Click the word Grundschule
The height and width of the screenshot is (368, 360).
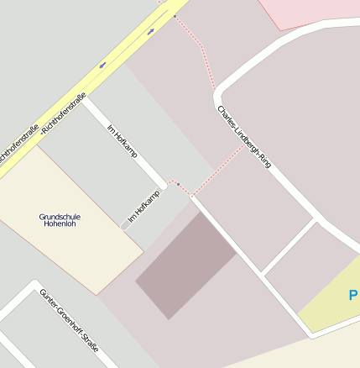[60, 217]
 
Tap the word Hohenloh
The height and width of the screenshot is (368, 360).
[60, 224]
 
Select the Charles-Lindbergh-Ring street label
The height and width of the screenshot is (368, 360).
[243, 137]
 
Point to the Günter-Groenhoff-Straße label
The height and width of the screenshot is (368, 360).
[69, 327]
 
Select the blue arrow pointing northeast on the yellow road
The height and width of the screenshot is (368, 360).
[151, 32]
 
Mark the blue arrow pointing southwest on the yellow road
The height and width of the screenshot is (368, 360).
[102, 64]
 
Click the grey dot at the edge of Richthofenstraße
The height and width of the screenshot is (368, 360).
[175, 16]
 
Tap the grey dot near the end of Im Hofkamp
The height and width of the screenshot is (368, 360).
[178, 184]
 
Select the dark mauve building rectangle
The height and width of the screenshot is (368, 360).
[186, 265]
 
